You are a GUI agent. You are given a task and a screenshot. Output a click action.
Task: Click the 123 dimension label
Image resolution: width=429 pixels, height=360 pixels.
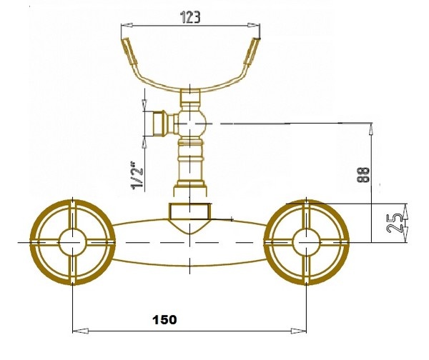point(190,17)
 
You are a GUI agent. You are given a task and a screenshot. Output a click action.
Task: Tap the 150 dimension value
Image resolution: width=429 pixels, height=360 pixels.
point(164,319)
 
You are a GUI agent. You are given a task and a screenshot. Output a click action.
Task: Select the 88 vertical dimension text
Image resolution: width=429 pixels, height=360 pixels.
point(364,174)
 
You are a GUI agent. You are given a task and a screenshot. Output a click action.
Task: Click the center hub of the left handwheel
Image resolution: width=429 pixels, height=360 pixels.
point(72,242)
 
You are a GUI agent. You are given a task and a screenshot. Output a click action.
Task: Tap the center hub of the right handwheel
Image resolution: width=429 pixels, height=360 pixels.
point(306,242)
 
